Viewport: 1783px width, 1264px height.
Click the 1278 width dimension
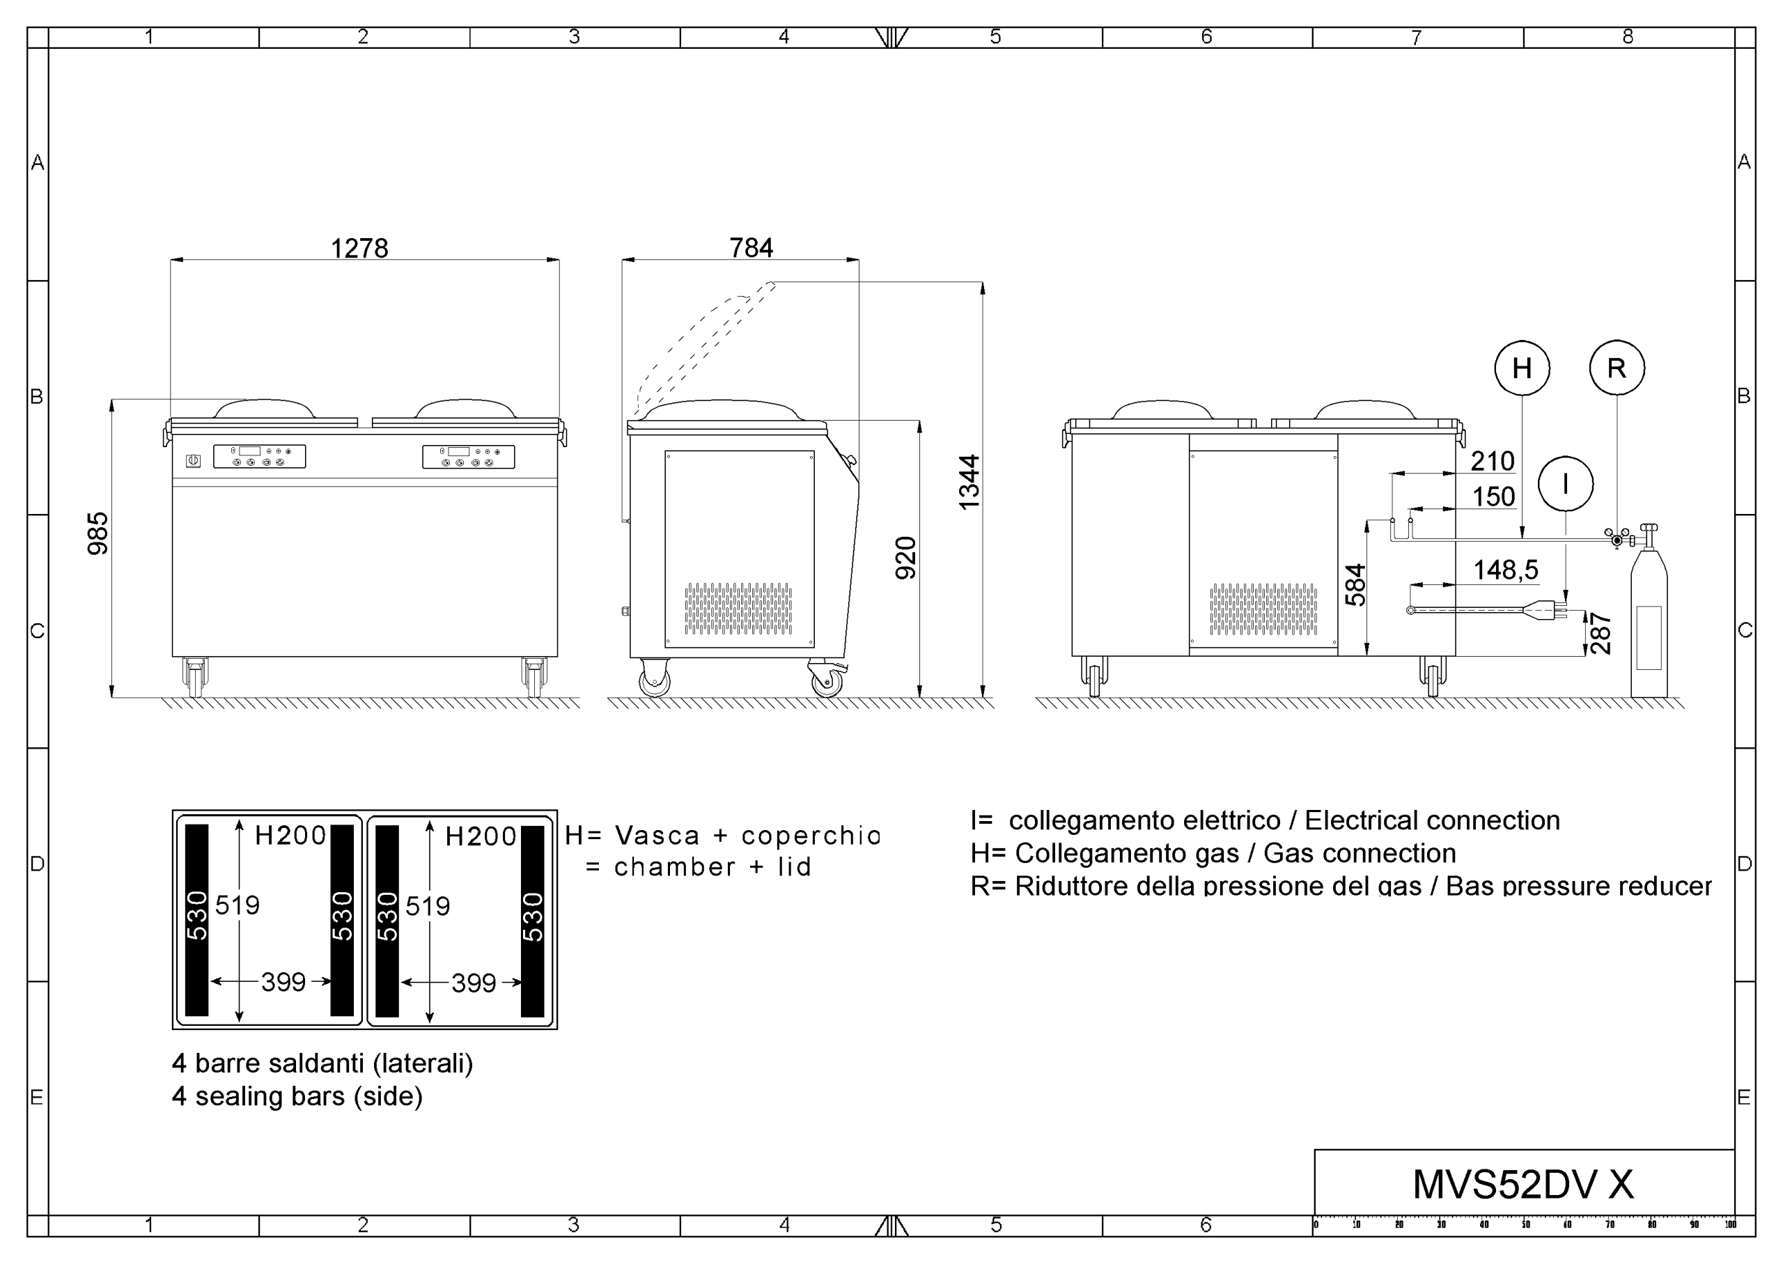[359, 249]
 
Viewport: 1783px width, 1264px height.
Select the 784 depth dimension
[751, 247]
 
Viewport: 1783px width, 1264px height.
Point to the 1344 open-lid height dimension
[969, 483]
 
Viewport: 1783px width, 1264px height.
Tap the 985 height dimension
[98, 533]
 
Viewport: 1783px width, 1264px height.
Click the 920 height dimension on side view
[906, 557]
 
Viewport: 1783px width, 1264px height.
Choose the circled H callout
[1523, 368]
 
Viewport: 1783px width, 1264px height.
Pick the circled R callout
[1617, 368]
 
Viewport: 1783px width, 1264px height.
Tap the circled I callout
[1566, 483]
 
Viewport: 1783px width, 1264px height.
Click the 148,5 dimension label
[1505, 570]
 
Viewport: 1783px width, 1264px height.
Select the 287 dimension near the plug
[1600, 634]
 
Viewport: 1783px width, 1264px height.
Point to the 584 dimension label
[1355, 584]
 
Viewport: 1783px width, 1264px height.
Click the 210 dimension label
[1493, 461]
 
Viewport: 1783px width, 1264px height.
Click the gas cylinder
[1649, 623]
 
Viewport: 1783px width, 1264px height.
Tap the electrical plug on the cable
[1547, 610]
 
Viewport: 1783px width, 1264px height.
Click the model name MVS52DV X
[1523, 1184]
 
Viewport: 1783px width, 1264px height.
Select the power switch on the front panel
[194, 461]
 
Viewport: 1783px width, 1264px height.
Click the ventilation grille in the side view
[738, 608]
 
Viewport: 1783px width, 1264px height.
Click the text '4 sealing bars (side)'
[297, 1096]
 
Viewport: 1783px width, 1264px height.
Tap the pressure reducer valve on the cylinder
[1617, 538]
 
